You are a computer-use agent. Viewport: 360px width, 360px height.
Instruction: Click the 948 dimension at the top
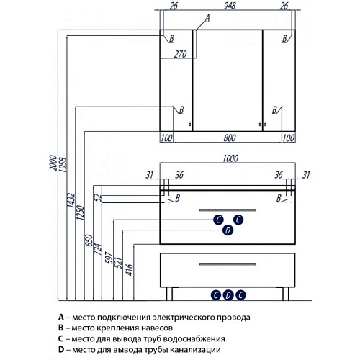pyautogui.click(x=230, y=6)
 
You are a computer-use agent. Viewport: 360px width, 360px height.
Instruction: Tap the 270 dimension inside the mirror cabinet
pyautogui.click(x=180, y=54)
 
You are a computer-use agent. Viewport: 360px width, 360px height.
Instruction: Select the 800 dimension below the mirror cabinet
pyautogui.click(x=230, y=138)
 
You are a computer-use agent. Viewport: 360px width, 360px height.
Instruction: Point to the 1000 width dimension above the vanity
pyautogui.click(x=230, y=158)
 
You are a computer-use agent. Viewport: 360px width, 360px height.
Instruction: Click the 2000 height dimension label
pyautogui.click(x=53, y=163)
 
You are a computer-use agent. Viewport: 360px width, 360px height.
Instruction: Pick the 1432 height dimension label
pyautogui.click(x=71, y=200)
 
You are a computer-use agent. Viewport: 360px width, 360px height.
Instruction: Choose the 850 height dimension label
pyautogui.click(x=89, y=240)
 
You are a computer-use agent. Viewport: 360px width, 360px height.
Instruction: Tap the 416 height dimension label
pyautogui.click(x=129, y=269)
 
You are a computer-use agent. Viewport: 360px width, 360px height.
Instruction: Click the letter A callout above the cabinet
pyautogui.click(x=207, y=18)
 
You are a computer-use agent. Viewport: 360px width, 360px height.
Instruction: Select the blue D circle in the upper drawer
pyautogui.click(x=228, y=230)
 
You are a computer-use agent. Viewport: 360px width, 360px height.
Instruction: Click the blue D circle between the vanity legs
pyautogui.click(x=228, y=295)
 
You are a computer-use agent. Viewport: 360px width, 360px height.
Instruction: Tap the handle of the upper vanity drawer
pyautogui.click(x=228, y=210)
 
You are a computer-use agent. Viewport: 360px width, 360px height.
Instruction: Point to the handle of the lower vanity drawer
pyautogui.click(x=228, y=264)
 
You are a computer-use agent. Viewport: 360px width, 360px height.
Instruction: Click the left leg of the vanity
pyautogui.click(x=169, y=294)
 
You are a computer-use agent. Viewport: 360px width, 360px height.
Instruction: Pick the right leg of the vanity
pyautogui.click(x=286, y=294)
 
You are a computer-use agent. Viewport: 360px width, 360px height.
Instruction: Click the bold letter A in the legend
pyautogui.click(x=61, y=318)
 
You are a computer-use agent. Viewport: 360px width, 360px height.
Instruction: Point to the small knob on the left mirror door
pyautogui.click(x=190, y=125)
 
